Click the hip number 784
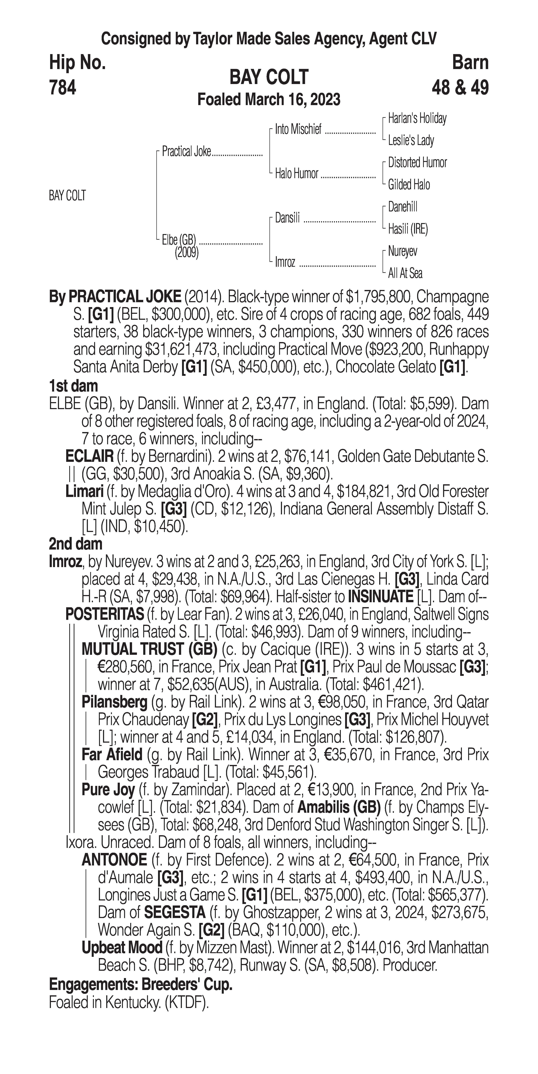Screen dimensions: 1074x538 [63, 88]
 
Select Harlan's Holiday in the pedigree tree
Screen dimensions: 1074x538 [417, 118]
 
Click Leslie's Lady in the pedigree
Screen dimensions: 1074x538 [411, 141]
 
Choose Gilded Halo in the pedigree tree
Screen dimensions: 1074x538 [409, 185]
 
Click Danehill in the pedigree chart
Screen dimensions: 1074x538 [402, 207]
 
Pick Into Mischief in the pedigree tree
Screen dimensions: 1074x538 [298, 130]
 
